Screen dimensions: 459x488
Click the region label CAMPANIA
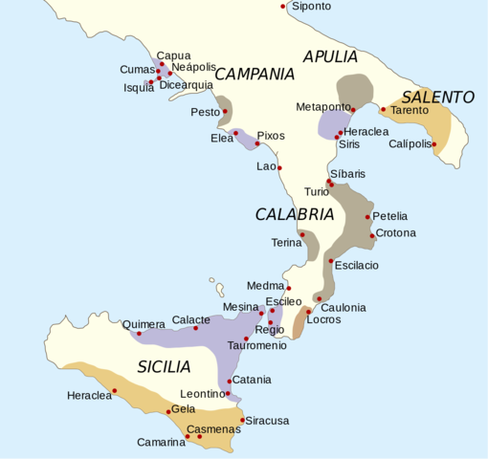(x=254, y=74)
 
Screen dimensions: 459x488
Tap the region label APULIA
(x=330, y=56)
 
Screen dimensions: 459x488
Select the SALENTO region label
(x=437, y=98)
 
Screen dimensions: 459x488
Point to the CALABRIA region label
(x=294, y=214)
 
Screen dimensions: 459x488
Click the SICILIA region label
(x=163, y=366)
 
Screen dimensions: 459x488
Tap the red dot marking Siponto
(x=283, y=7)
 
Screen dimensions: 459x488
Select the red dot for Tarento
(x=383, y=109)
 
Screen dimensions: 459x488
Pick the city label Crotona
(x=395, y=233)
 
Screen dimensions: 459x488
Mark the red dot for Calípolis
(x=434, y=145)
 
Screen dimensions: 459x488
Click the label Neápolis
(x=192, y=67)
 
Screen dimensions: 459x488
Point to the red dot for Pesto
(x=225, y=112)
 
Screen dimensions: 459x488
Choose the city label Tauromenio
(x=256, y=345)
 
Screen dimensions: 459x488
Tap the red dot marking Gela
(x=167, y=412)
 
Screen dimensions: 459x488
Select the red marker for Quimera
(x=140, y=334)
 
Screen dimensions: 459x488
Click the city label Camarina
(x=161, y=442)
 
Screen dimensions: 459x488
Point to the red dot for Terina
(x=302, y=234)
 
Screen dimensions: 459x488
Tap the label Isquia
(x=139, y=87)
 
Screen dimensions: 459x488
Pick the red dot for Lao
(x=280, y=167)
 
